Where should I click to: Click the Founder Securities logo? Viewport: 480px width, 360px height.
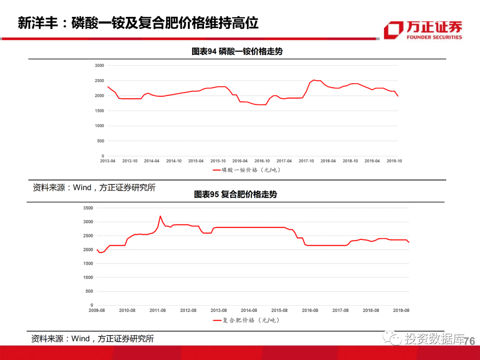[x=423, y=30]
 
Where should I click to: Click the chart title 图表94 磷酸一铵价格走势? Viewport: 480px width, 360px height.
[x=237, y=52]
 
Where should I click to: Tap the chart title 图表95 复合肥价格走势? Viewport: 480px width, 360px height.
[x=236, y=195]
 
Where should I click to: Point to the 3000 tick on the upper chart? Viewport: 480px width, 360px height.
[x=99, y=65]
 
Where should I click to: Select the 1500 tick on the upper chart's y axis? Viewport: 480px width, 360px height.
[x=99, y=111]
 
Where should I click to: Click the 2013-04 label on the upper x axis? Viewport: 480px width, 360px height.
[x=108, y=161]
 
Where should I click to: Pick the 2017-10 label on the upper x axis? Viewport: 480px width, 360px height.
[x=306, y=161]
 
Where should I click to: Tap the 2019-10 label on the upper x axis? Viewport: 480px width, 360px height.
[x=394, y=161]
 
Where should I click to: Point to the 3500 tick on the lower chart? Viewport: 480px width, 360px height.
[x=88, y=208]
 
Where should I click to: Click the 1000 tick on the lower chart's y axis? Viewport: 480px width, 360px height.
[x=88, y=277]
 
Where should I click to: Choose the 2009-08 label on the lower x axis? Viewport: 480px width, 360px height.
[x=97, y=311]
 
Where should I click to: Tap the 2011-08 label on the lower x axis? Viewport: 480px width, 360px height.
[x=158, y=311]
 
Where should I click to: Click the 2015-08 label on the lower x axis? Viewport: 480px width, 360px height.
[x=279, y=311]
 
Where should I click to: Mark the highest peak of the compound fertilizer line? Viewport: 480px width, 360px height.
[x=160, y=216]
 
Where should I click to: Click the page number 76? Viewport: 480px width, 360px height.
[x=469, y=341]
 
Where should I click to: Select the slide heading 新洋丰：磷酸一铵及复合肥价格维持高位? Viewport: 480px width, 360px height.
[x=138, y=23]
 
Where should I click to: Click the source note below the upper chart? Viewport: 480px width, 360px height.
[x=94, y=187]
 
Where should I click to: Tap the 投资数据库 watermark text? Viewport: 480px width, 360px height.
[x=433, y=340]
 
